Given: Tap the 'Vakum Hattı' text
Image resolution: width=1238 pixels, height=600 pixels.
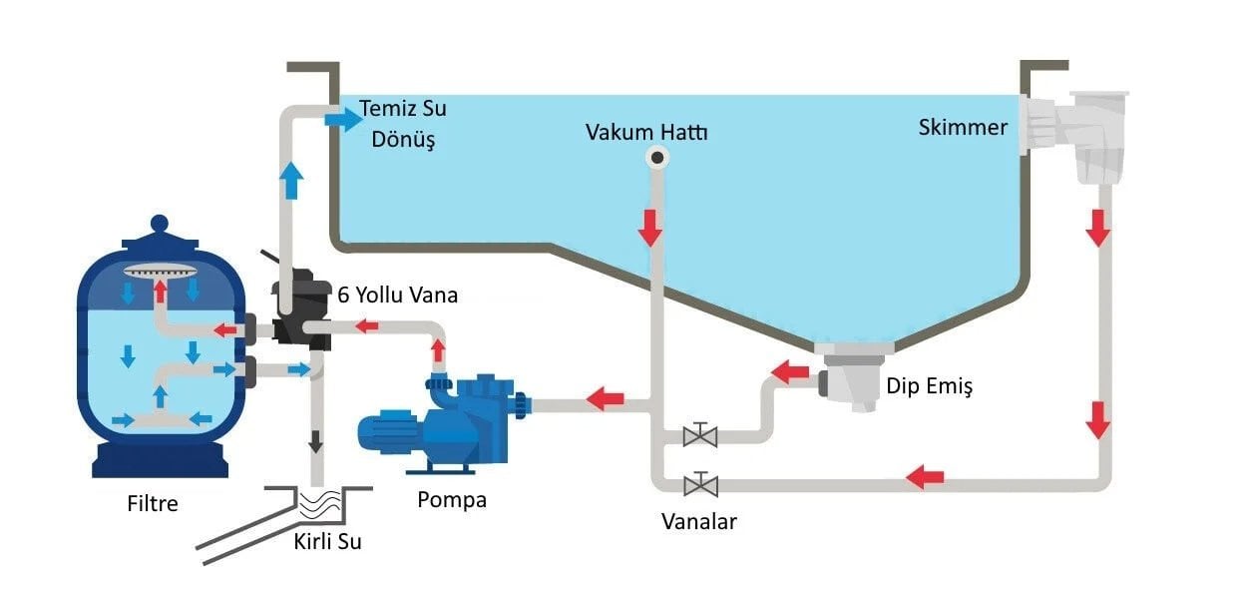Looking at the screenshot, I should [x=646, y=131].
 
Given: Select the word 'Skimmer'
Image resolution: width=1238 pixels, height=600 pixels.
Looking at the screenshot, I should [x=963, y=128].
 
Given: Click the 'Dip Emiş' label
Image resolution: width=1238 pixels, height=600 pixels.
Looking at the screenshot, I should [x=929, y=385].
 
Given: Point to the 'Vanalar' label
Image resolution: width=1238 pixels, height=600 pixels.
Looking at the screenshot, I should [x=699, y=521].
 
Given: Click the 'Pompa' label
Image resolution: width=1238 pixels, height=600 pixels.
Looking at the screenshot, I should [x=452, y=499].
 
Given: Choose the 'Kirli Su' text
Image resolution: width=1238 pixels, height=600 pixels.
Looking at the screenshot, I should [x=327, y=542].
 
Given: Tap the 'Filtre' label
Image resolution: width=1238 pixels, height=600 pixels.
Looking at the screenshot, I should [x=153, y=503].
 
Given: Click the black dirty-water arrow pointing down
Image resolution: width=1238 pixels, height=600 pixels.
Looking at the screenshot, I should [x=316, y=440].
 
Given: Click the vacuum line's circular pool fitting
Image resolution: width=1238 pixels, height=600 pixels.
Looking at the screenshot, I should [x=657, y=157].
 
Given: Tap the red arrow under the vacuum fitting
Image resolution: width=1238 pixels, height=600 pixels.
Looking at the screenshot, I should [x=650, y=228].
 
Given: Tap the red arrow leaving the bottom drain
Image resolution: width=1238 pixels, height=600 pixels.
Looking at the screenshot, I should [x=791, y=373].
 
